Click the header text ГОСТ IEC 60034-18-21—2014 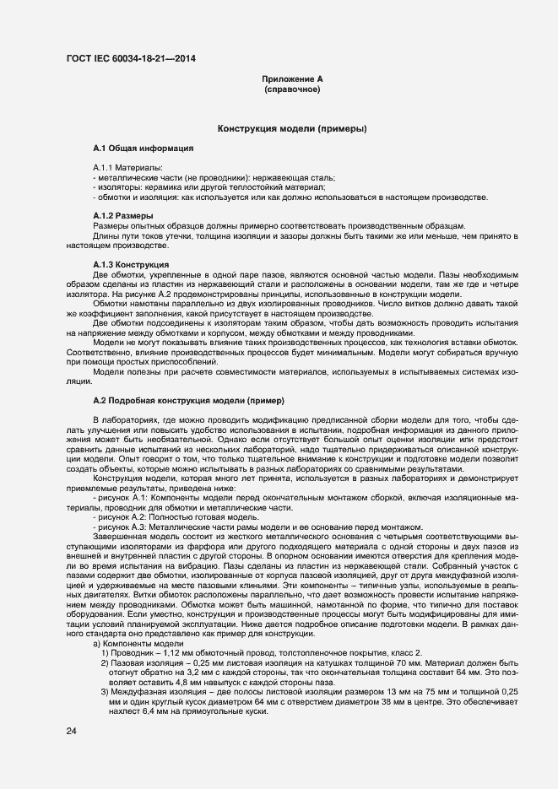pos(134,59)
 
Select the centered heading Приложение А pos(292,78)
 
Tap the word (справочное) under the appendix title pos(292,89)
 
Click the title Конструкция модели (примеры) pos(292,129)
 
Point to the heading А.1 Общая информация pos(144,148)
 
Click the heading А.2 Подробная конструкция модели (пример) pos(189,398)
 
